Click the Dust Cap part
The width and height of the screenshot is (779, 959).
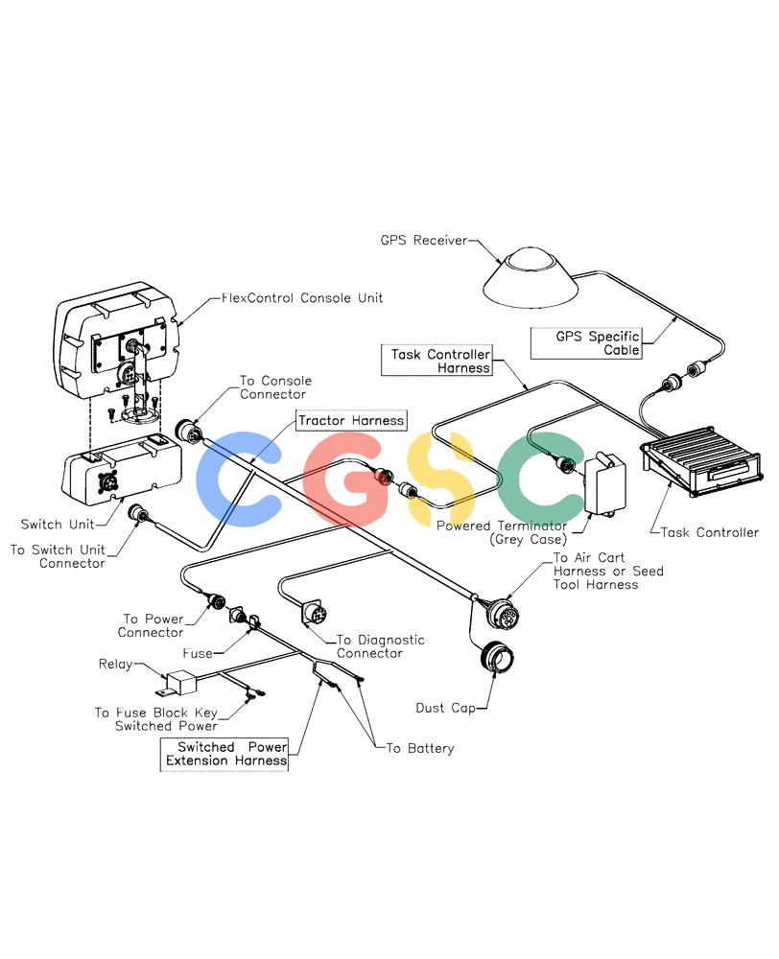498,658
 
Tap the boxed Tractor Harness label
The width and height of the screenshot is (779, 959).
351,421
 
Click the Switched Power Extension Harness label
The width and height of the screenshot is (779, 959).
224,754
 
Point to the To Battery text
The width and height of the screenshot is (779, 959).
420,748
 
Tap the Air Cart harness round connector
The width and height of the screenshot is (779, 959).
503,612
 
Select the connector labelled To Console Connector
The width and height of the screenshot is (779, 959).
187,431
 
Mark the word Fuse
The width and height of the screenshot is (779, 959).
198,653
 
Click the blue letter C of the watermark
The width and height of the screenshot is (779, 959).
239,479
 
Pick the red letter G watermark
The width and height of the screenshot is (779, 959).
347,479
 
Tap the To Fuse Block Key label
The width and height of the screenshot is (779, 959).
156,713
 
